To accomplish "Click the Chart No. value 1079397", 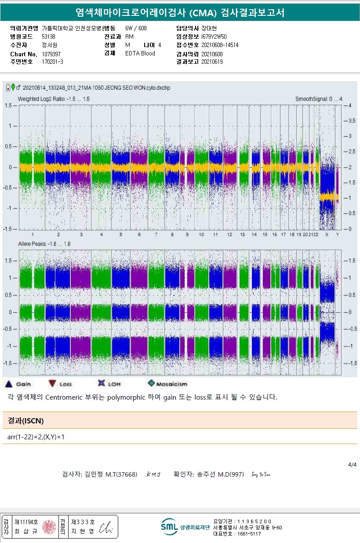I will [x=51, y=54].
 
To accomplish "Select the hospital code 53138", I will [x=48, y=36].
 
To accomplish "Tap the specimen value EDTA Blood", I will [x=140, y=54].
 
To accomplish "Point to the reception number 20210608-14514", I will [x=220, y=45].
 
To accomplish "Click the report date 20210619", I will [x=212, y=62].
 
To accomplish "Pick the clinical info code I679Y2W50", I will [x=214, y=36].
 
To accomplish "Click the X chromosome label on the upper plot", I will [x=327, y=235].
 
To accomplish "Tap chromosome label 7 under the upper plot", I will [x=156, y=235].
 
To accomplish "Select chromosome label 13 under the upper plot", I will [x=242, y=235].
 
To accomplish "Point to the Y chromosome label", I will [x=338, y=235].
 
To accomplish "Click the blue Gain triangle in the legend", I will [x=8, y=384].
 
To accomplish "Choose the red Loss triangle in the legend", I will [x=52, y=384].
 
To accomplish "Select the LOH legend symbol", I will [x=102, y=383].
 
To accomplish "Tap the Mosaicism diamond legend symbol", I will [x=151, y=383].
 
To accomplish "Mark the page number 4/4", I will [x=352, y=464].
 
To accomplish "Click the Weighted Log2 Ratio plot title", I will [x=54, y=99].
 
